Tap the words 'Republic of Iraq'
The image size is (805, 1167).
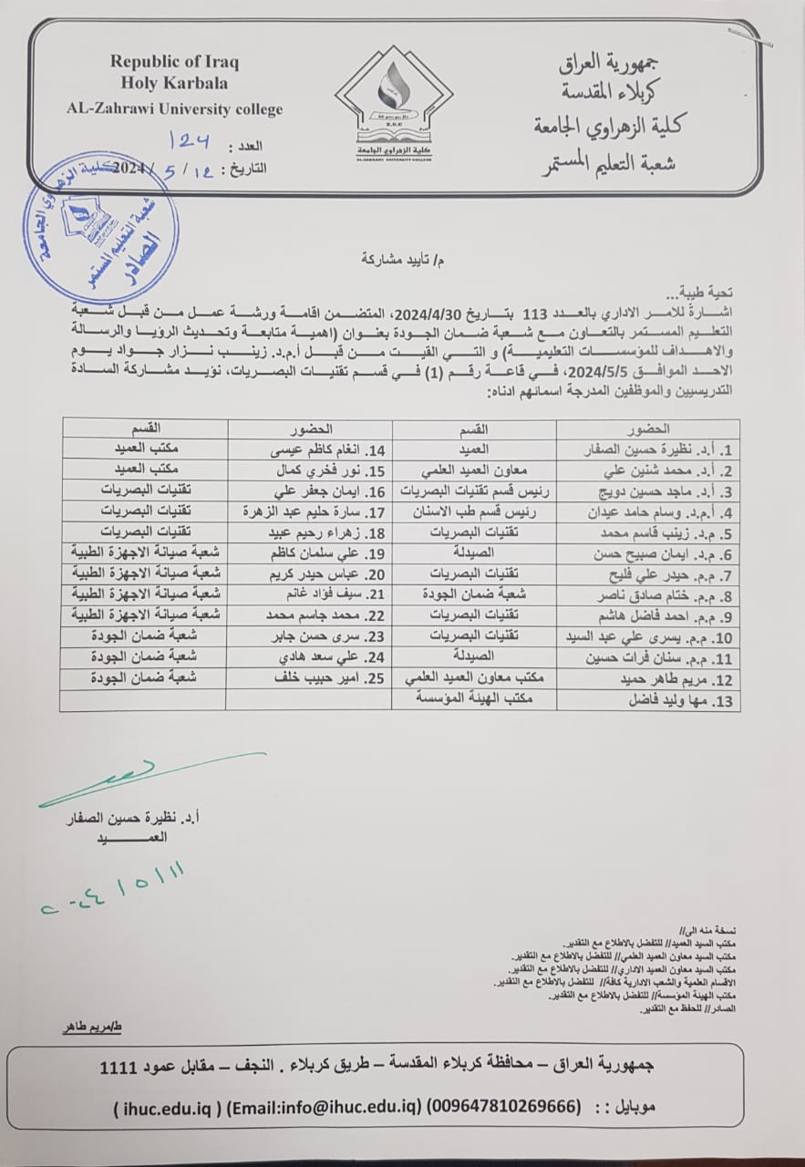click(174, 62)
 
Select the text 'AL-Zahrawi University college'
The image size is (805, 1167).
click(175, 108)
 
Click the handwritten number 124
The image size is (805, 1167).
click(190, 140)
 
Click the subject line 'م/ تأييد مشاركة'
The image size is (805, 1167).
click(400, 258)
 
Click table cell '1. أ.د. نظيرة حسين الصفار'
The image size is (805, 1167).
click(647, 449)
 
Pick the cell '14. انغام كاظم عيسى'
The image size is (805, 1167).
click(310, 449)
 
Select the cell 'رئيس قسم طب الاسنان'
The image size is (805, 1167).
click(474, 512)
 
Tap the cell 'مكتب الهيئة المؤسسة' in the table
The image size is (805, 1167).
click(474, 697)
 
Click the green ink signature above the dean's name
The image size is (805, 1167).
click(146, 777)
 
